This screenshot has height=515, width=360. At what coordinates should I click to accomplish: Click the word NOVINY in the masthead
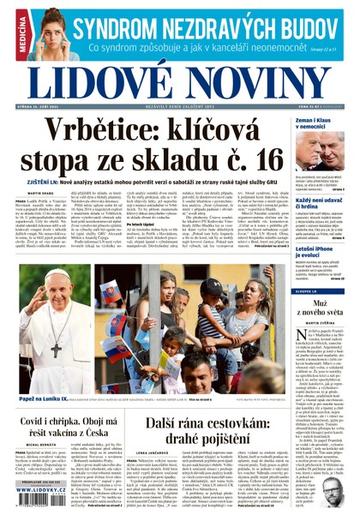(257, 81)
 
